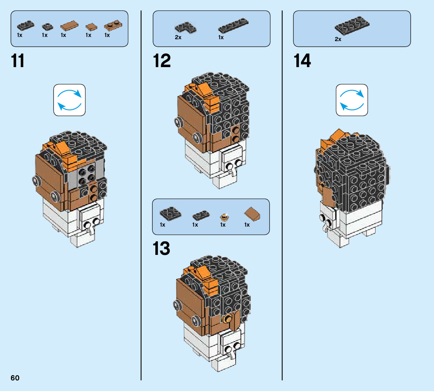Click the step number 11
click(18, 61)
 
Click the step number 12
click(162, 61)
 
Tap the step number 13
click(161, 248)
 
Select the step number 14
click(302, 61)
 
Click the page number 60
click(15, 378)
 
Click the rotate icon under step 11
click(69, 100)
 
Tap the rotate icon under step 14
click(351, 100)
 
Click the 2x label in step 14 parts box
click(338, 39)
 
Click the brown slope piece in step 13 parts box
click(252, 215)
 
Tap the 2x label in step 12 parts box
click(178, 38)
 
